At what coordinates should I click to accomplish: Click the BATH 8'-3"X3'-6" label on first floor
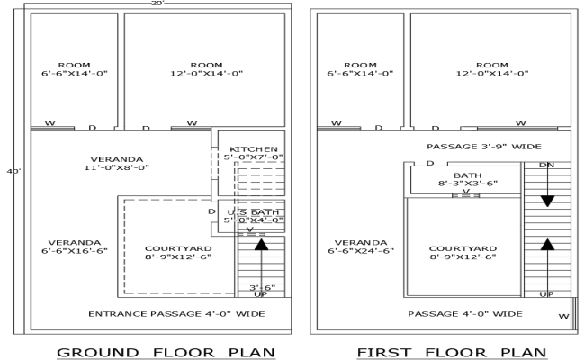point(465,180)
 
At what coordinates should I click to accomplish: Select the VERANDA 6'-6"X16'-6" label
point(74,247)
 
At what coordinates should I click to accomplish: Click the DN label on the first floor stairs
point(546,165)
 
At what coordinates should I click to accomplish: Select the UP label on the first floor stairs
point(546,294)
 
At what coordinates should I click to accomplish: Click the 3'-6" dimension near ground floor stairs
point(261,288)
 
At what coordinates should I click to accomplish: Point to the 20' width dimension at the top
point(158,4)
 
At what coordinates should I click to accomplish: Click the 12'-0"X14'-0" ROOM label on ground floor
point(206,70)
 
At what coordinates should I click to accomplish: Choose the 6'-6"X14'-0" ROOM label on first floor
point(360,70)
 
